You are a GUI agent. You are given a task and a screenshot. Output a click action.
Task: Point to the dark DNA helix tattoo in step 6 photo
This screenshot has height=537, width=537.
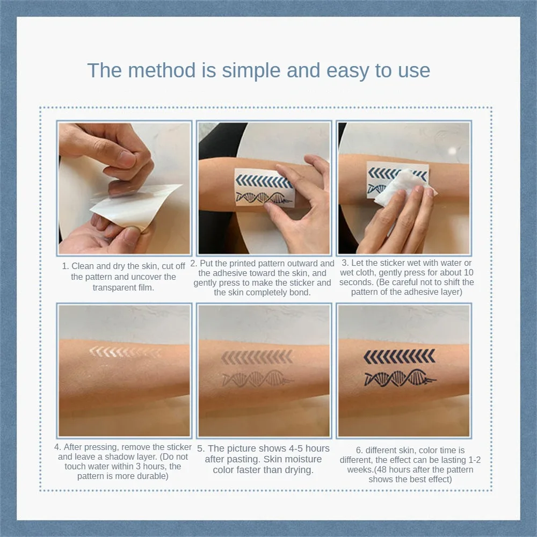(x=400, y=378)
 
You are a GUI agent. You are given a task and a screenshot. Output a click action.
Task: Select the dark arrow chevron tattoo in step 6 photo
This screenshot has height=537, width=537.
(x=400, y=357)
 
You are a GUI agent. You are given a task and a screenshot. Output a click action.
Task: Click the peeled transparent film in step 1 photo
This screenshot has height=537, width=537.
(x=136, y=204)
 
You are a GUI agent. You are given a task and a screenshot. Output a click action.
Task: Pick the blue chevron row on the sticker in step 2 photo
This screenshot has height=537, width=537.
(x=264, y=181)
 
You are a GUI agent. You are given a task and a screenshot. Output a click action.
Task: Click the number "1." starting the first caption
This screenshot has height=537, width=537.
(x=66, y=266)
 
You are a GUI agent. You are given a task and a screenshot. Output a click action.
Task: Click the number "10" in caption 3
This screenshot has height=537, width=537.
(x=468, y=273)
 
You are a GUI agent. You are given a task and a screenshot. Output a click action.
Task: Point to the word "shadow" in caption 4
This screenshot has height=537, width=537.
(x=118, y=457)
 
